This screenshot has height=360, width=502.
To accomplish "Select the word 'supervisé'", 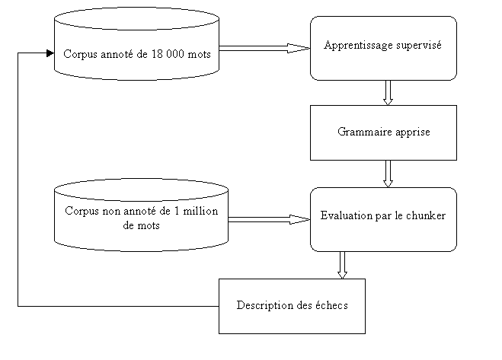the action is (x=419, y=46).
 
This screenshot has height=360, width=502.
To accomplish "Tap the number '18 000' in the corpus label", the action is (x=168, y=54).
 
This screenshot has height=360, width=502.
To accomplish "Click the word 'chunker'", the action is (x=426, y=215).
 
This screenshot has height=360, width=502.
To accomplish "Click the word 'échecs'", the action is (x=331, y=305).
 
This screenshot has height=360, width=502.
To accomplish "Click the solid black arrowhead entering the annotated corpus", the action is (x=50, y=53).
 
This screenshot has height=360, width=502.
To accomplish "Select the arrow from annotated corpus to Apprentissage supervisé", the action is (x=265, y=48).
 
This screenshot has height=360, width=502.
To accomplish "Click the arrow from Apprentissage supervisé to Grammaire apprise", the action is (x=388, y=93).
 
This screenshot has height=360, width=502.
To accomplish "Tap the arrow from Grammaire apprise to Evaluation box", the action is (x=388, y=174).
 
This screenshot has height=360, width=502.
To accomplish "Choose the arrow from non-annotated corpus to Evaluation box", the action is (x=269, y=219).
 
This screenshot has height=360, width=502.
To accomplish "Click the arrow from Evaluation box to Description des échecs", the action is (x=342, y=266).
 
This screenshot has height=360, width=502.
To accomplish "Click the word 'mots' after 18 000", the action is (x=199, y=54).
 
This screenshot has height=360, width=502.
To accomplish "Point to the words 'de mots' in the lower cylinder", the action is (x=141, y=225).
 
